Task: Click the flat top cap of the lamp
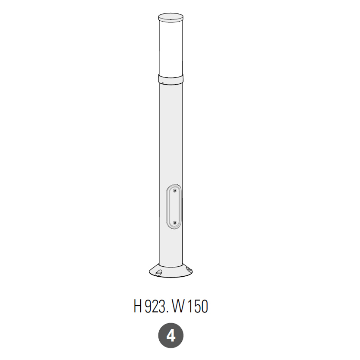coord(171,17)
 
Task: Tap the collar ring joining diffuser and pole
coord(171,78)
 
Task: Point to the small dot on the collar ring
coord(163,83)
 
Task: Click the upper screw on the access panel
coord(175,190)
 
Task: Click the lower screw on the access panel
coord(175,223)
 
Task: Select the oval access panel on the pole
coord(174,207)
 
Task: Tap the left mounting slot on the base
coord(158,273)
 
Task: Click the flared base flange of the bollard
coord(171,271)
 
